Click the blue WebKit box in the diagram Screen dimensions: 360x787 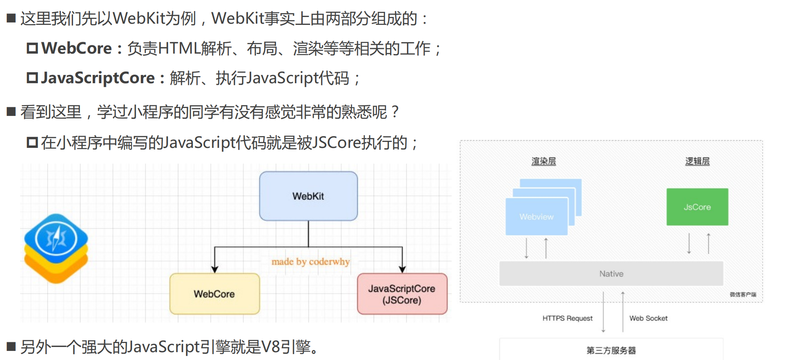coord(308,196)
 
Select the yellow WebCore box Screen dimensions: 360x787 coord(214,294)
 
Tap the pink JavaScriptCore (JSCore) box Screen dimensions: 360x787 coord(402,294)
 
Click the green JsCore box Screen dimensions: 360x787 coord(697,207)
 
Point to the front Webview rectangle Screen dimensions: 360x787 coord(536,217)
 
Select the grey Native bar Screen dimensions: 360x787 coord(611,274)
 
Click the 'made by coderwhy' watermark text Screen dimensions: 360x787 coord(310,262)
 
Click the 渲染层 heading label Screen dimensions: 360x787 coord(543,161)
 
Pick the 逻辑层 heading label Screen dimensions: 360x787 coord(697,161)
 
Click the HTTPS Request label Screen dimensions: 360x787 coord(567,318)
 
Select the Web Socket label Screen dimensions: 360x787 coord(648,318)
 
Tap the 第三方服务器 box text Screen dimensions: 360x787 coord(611,350)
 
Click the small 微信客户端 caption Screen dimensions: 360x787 coord(742,295)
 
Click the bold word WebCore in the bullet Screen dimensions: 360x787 coord(77,48)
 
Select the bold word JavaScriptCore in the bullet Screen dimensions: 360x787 coord(98,78)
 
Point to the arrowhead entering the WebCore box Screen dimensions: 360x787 coord(215,270)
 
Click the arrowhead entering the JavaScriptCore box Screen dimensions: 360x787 coord(402,270)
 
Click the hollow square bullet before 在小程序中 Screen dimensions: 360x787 coord(32,142)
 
